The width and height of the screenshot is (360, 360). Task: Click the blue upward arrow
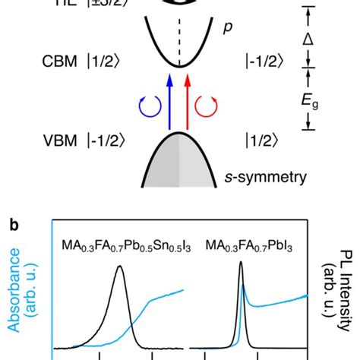pyautogui.click(x=167, y=99)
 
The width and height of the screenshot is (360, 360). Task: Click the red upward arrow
pyautogui.click(x=189, y=99)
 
